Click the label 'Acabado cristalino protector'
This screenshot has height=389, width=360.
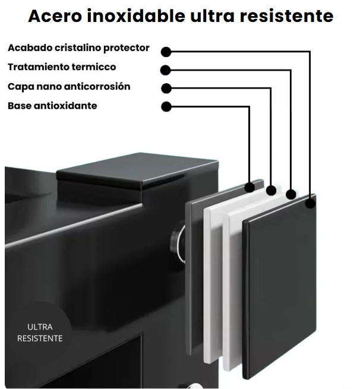[78, 48]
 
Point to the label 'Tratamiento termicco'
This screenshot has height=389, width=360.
[62, 67]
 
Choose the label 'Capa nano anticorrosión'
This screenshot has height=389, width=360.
[69, 87]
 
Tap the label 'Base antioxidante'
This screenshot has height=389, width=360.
[52, 106]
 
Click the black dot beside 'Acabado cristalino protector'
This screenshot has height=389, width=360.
[166, 52]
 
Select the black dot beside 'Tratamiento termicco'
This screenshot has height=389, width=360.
[166, 70]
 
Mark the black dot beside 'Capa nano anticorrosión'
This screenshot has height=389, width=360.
[166, 88]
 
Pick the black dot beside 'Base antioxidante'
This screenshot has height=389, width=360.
[166, 107]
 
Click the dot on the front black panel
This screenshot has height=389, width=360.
[310, 204]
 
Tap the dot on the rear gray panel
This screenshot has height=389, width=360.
[250, 187]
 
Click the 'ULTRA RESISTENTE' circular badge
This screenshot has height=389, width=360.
[40, 333]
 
